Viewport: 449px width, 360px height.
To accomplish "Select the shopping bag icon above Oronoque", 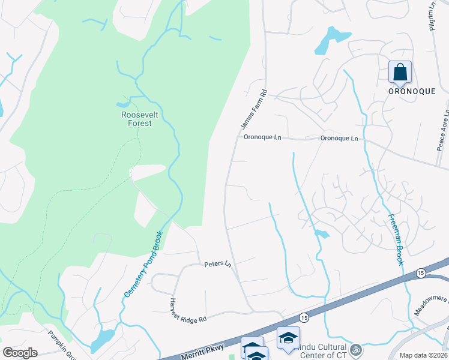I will click(x=400, y=72).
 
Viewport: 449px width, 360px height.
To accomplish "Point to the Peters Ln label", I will click(x=217, y=263).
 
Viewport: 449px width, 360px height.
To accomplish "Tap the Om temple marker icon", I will click(x=355, y=348).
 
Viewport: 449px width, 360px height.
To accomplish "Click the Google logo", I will click(x=20, y=353).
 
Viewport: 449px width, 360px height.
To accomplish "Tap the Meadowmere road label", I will click(x=431, y=304).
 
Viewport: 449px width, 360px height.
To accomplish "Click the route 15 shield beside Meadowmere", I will click(x=421, y=273).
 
